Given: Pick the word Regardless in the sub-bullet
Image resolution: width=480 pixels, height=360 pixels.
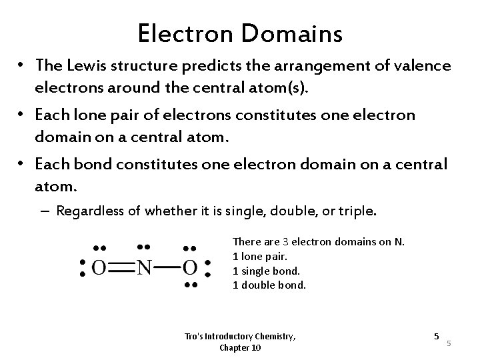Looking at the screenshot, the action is point(90,211).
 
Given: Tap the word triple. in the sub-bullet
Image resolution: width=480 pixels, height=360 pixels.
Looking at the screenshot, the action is point(358,211).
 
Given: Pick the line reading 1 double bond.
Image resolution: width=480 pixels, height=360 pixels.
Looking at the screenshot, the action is point(269,285).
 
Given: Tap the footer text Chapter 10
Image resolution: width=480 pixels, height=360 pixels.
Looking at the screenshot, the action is point(239,348).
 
